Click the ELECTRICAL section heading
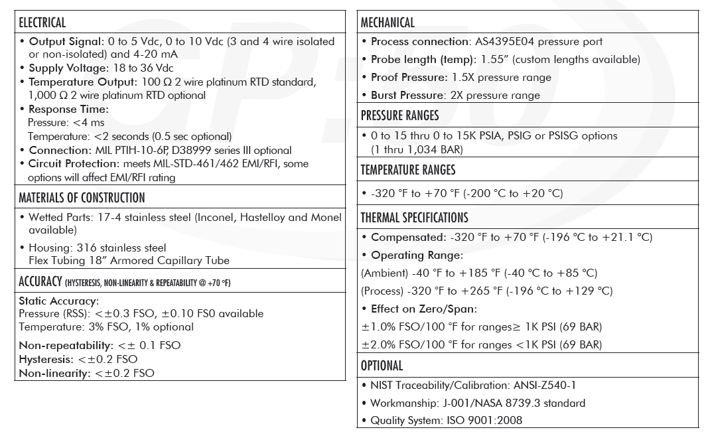pos(42,23)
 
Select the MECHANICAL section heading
pos(388,23)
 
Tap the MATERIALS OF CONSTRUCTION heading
pos(82,198)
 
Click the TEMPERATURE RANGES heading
pos(408,170)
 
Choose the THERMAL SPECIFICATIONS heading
pos(414,218)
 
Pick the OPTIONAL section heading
pos(382,366)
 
